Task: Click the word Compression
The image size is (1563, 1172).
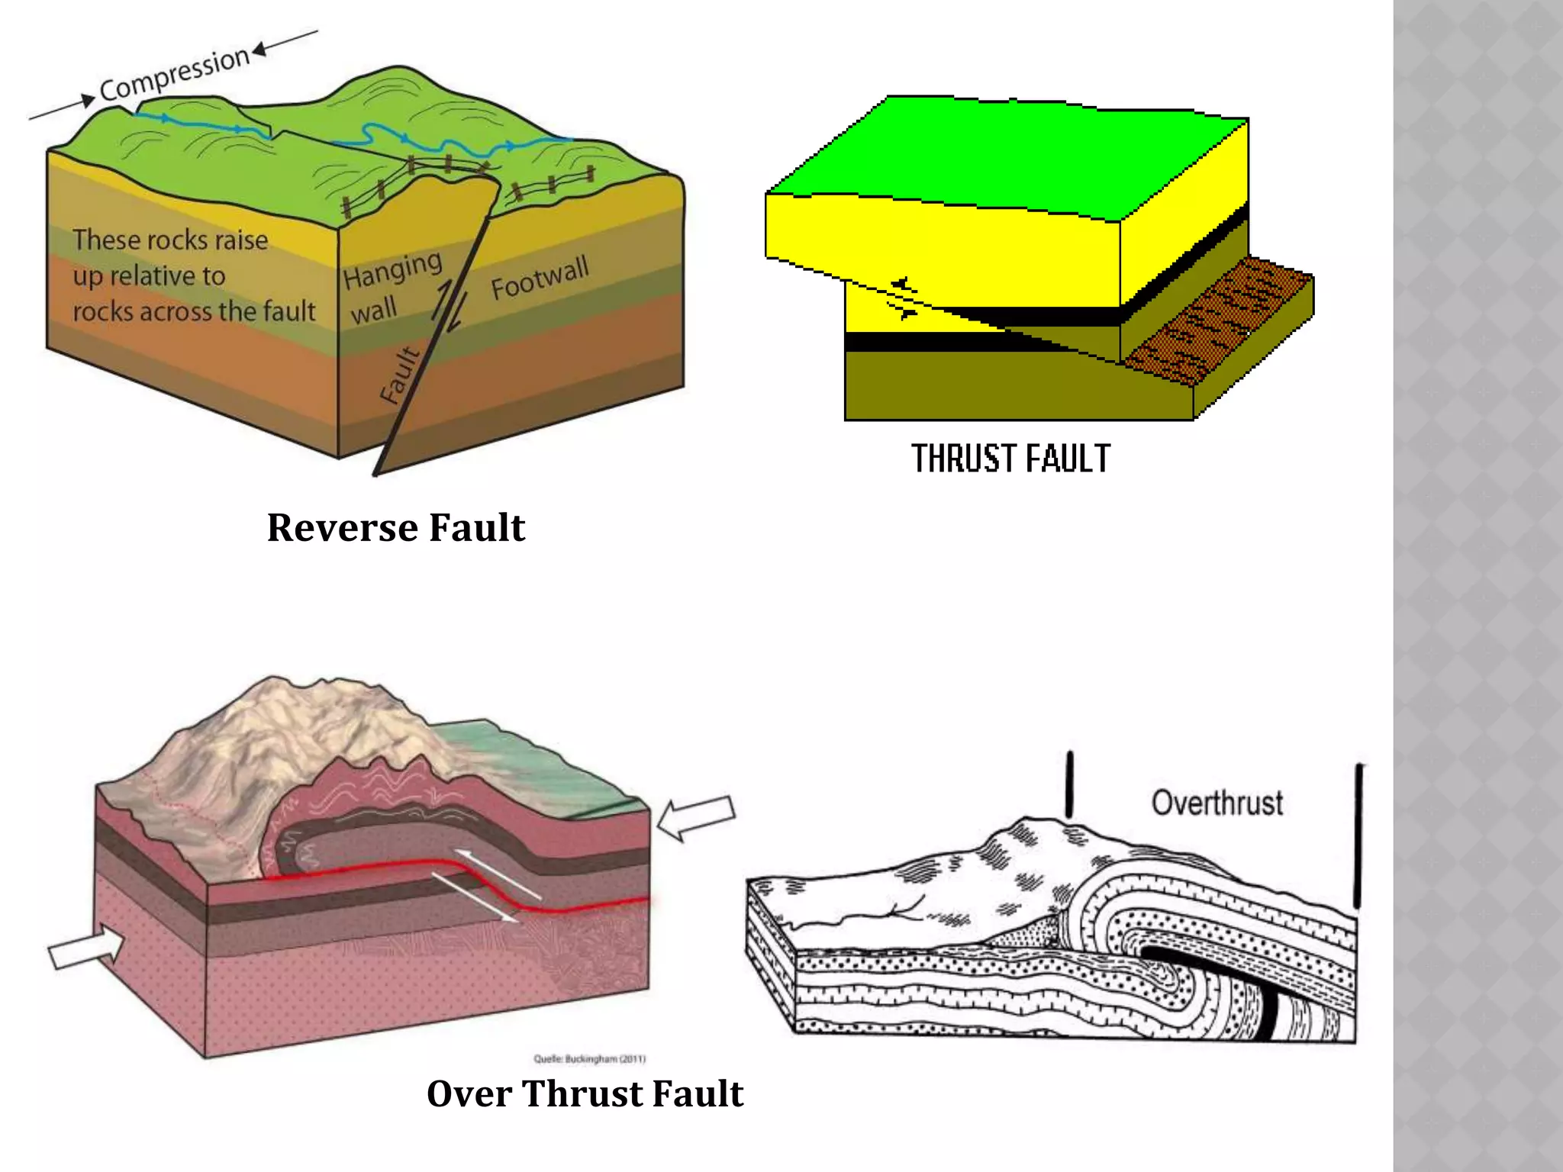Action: pos(175,75)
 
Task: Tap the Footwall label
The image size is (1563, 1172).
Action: pos(540,277)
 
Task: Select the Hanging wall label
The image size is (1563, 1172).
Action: pos(391,287)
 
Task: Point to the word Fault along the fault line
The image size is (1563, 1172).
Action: pos(399,374)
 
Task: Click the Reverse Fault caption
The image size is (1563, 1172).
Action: pos(396,527)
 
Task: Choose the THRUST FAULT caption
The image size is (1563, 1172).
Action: pos(1010,459)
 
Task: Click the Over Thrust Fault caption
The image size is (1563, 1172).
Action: pos(585,1093)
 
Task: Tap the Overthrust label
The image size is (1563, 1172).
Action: pos(1217,803)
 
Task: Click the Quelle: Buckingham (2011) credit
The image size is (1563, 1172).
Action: pos(589,1059)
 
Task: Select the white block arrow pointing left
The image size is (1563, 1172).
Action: pos(696,817)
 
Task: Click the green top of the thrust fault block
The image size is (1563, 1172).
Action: pos(1007,156)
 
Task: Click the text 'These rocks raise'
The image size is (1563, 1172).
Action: pos(170,240)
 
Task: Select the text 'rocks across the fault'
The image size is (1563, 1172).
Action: pos(194,311)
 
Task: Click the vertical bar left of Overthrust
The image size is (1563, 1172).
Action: pos(1069,784)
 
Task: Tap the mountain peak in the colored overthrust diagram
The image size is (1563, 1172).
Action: pos(275,687)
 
